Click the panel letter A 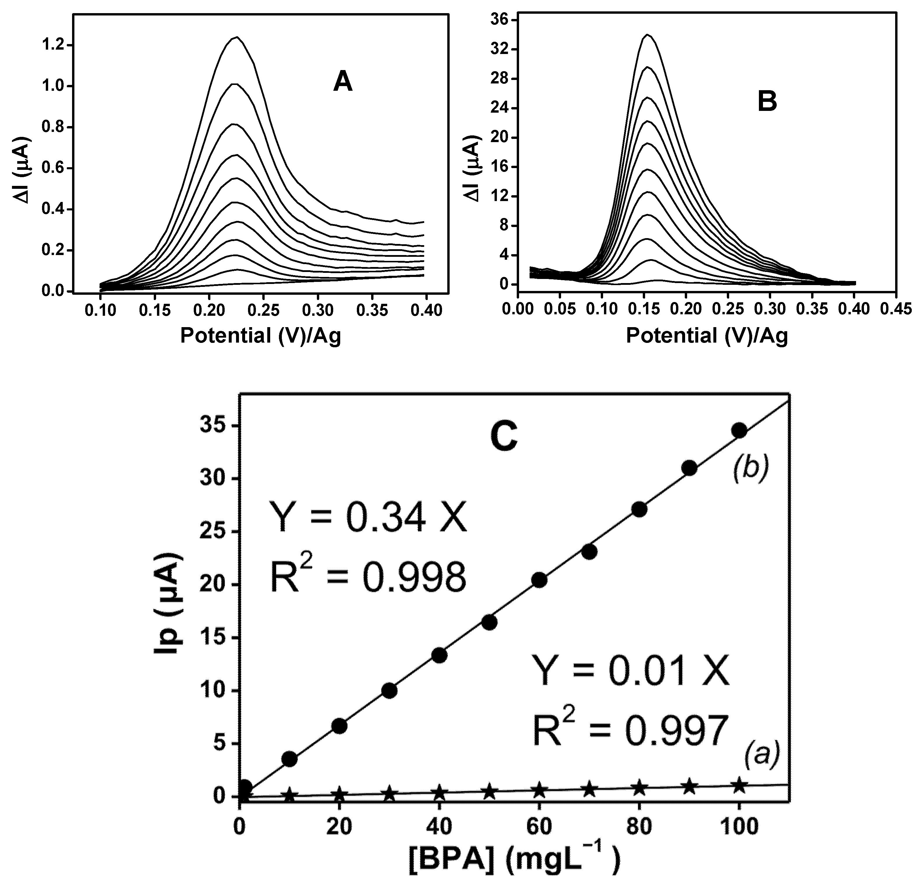pos(343,83)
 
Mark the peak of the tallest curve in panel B pos(648,34)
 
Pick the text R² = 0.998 pos(368,578)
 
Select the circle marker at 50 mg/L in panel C pos(489,622)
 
